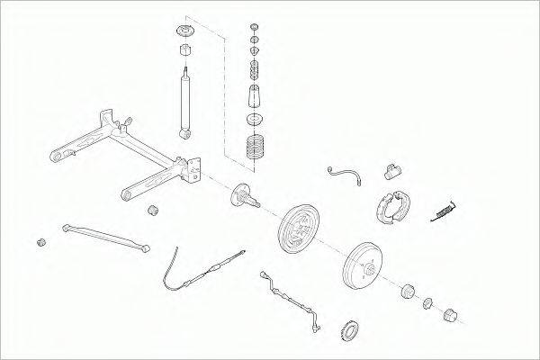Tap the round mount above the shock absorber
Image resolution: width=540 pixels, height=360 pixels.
[x=186, y=37]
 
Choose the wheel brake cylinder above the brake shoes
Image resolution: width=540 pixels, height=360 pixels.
[x=389, y=170]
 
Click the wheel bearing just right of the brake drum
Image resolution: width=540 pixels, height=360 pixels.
[x=406, y=291]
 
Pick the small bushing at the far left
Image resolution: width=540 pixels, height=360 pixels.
[x=40, y=242]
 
